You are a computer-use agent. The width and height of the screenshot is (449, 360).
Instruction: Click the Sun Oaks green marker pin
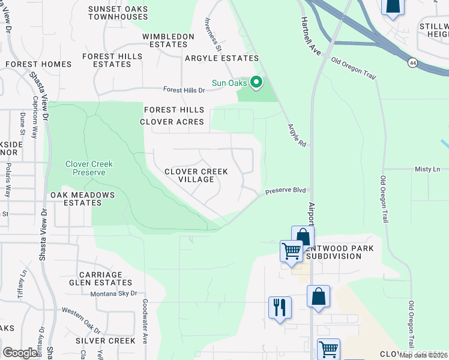[x=256, y=82]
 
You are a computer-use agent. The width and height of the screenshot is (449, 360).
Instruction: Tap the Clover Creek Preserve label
[x=85, y=168]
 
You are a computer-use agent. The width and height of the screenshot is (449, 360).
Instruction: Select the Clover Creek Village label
[x=196, y=175]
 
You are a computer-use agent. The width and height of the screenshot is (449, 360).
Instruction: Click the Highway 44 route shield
[x=412, y=62]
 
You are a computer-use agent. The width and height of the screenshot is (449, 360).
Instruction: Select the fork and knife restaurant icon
[x=280, y=308]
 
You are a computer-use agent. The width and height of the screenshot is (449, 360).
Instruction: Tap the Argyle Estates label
[x=221, y=58]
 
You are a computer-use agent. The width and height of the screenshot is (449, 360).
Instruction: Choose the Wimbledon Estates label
[x=168, y=40]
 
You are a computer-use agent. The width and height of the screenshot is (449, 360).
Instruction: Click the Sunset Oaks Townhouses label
[x=118, y=13]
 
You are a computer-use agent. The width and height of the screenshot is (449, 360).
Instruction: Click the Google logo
[x=21, y=353]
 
